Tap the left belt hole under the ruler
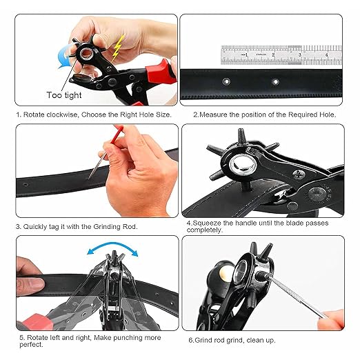(228, 82)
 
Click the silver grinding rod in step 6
(292, 293)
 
